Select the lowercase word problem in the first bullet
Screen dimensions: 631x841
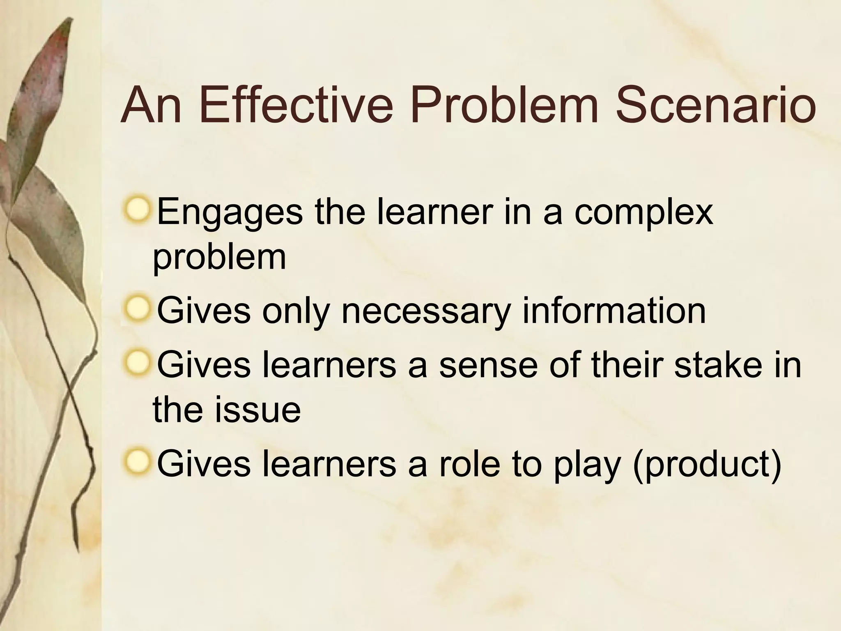(219, 258)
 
